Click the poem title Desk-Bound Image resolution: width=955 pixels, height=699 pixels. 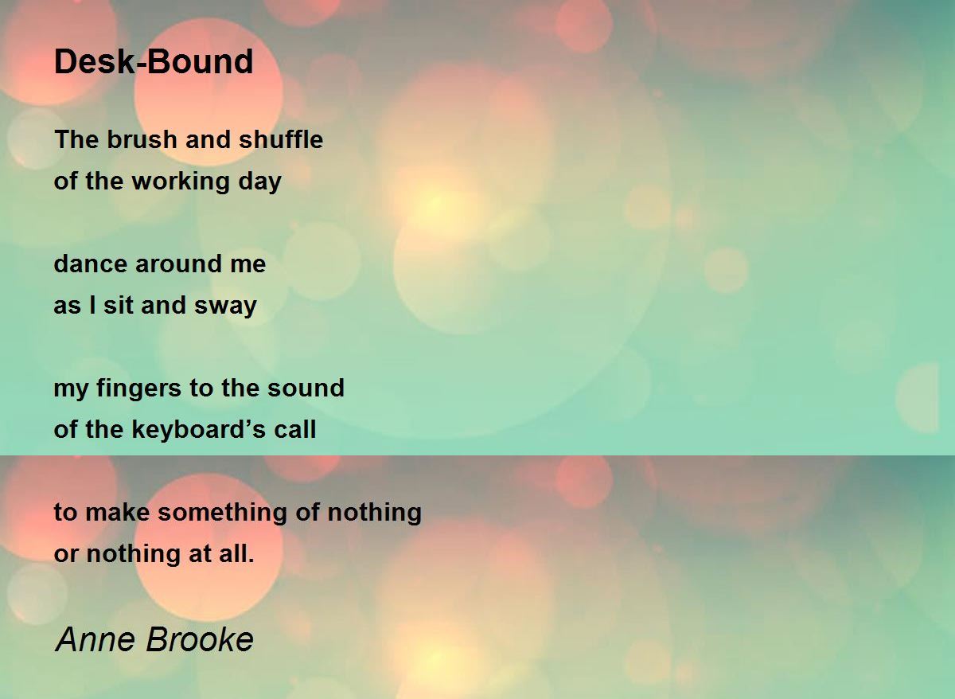tap(154, 61)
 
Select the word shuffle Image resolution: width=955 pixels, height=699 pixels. tap(281, 139)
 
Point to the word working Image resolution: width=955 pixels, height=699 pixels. tap(181, 182)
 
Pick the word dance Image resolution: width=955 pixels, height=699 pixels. tap(91, 264)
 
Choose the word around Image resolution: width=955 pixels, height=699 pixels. tap(178, 264)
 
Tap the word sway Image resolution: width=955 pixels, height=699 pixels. tap(225, 307)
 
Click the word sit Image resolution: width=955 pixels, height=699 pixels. tap(118, 306)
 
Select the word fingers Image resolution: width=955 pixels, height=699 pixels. tap(139, 389)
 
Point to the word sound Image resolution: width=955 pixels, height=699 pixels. tap(306, 388)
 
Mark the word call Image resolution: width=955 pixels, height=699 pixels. tap(295, 429)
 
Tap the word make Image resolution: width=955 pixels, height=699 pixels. tap(118, 512)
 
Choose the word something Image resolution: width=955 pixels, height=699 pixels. tap(223, 514)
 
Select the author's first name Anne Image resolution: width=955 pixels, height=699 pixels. tap(95, 639)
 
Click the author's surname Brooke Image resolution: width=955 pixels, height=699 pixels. tap(200, 639)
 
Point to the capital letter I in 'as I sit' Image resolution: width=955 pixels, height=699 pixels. tap(92, 306)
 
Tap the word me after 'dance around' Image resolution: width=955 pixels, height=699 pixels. tap(248, 265)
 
